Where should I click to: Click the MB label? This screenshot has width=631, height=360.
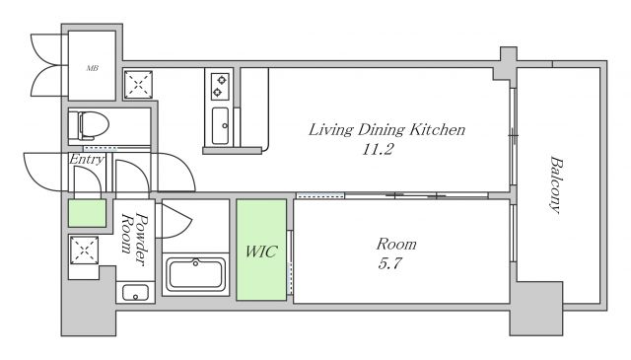point(92,68)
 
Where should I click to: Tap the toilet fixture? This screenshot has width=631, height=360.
point(89,125)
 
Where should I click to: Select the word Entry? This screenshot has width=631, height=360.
point(87,159)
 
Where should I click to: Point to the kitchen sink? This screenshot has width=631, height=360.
point(220,125)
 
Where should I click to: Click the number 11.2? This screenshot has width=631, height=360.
point(378,150)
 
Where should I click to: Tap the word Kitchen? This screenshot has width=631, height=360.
point(438,129)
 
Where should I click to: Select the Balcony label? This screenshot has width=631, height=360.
point(556,184)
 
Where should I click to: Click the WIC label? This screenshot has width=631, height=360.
point(261,252)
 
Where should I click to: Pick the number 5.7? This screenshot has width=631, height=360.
point(389,263)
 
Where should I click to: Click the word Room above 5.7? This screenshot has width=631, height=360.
point(396,244)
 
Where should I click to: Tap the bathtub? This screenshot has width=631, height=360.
point(195,274)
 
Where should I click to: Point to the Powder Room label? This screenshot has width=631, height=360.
point(135,239)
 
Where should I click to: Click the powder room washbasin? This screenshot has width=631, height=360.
point(135,293)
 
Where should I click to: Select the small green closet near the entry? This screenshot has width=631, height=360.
point(88,213)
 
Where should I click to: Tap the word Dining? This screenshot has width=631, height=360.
point(382,129)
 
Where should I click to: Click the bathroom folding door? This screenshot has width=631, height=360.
point(174,222)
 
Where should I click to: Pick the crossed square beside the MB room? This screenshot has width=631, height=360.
point(138,85)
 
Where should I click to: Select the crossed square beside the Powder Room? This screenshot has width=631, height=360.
point(84,251)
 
